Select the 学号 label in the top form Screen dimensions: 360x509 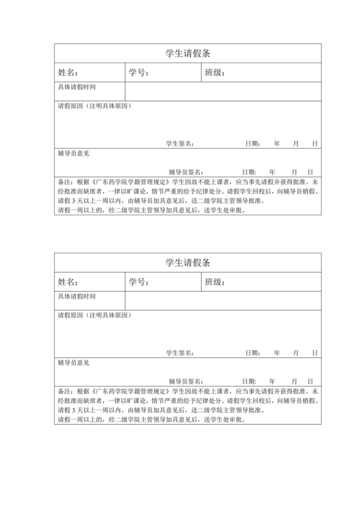[x=139, y=73]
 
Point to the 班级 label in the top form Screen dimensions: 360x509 [x=215, y=73]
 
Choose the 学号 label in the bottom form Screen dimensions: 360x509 [x=139, y=282]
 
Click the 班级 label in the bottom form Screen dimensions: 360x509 [x=215, y=282]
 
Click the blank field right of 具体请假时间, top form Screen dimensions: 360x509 [x=222, y=91]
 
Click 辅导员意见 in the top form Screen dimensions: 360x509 [x=73, y=154]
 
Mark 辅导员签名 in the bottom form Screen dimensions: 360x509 [x=186, y=382]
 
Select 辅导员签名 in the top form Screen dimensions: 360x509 [x=186, y=172]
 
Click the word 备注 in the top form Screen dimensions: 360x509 [x=64, y=182]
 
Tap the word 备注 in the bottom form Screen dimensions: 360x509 [x=64, y=391]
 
